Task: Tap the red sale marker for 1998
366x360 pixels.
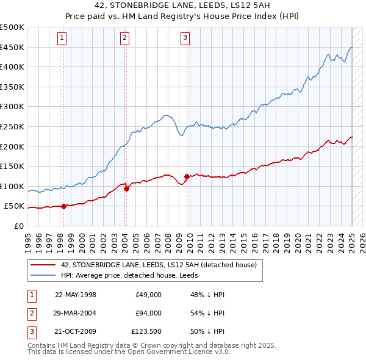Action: tap(63, 206)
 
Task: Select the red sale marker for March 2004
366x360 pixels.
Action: tap(126, 189)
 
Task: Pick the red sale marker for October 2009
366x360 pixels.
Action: tap(187, 177)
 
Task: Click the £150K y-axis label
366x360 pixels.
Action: tap(13, 166)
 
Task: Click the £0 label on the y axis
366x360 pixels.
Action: tap(19, 226)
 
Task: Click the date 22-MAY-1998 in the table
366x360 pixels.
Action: tap(76, 295)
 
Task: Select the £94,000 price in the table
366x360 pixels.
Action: tap(149, 314)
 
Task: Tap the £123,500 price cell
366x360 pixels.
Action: tap(147, 333)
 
